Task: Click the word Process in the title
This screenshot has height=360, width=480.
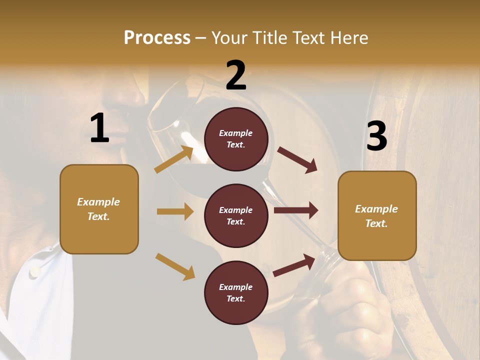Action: pyautogui.click(x=157, y=38)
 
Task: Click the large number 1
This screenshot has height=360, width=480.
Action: pyautogui.click(x=99, y=128)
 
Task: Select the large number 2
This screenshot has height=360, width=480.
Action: pyautogui.click(x=236, y=75)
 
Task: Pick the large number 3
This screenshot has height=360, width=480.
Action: pyautogui.click(x=376, y=136)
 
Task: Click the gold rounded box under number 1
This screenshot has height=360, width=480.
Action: pyautogui.click(x=99, y=209)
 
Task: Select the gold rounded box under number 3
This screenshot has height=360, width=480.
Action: pyautogui.click(x=377, y=216)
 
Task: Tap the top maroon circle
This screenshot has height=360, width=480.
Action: pyautogui.click(x=236, y=139)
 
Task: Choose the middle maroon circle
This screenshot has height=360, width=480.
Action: pyautogui.click(x=236, y=216)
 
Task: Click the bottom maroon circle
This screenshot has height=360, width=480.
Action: pyautogui.click(x=236, y=293)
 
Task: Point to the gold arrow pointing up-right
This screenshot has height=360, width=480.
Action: pyautogui.click(x=174, y=159)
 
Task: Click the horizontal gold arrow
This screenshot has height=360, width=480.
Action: pyautogui.click(x=175, y=211)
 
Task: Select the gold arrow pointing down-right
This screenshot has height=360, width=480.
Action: pyautogui.click(x=175, y=266)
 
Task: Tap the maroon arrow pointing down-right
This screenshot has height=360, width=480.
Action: pyautogui.click(x=297, y=160)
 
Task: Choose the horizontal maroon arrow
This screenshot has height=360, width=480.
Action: pyautogui.click(x=296, y=210)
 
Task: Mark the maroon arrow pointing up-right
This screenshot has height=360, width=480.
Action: pyautogui.click(x=294, y=265)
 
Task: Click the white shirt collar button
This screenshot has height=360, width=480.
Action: pyautogui.click(x=34, y=272)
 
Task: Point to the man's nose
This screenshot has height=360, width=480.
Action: pyautogui.click(x=131, y=95)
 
